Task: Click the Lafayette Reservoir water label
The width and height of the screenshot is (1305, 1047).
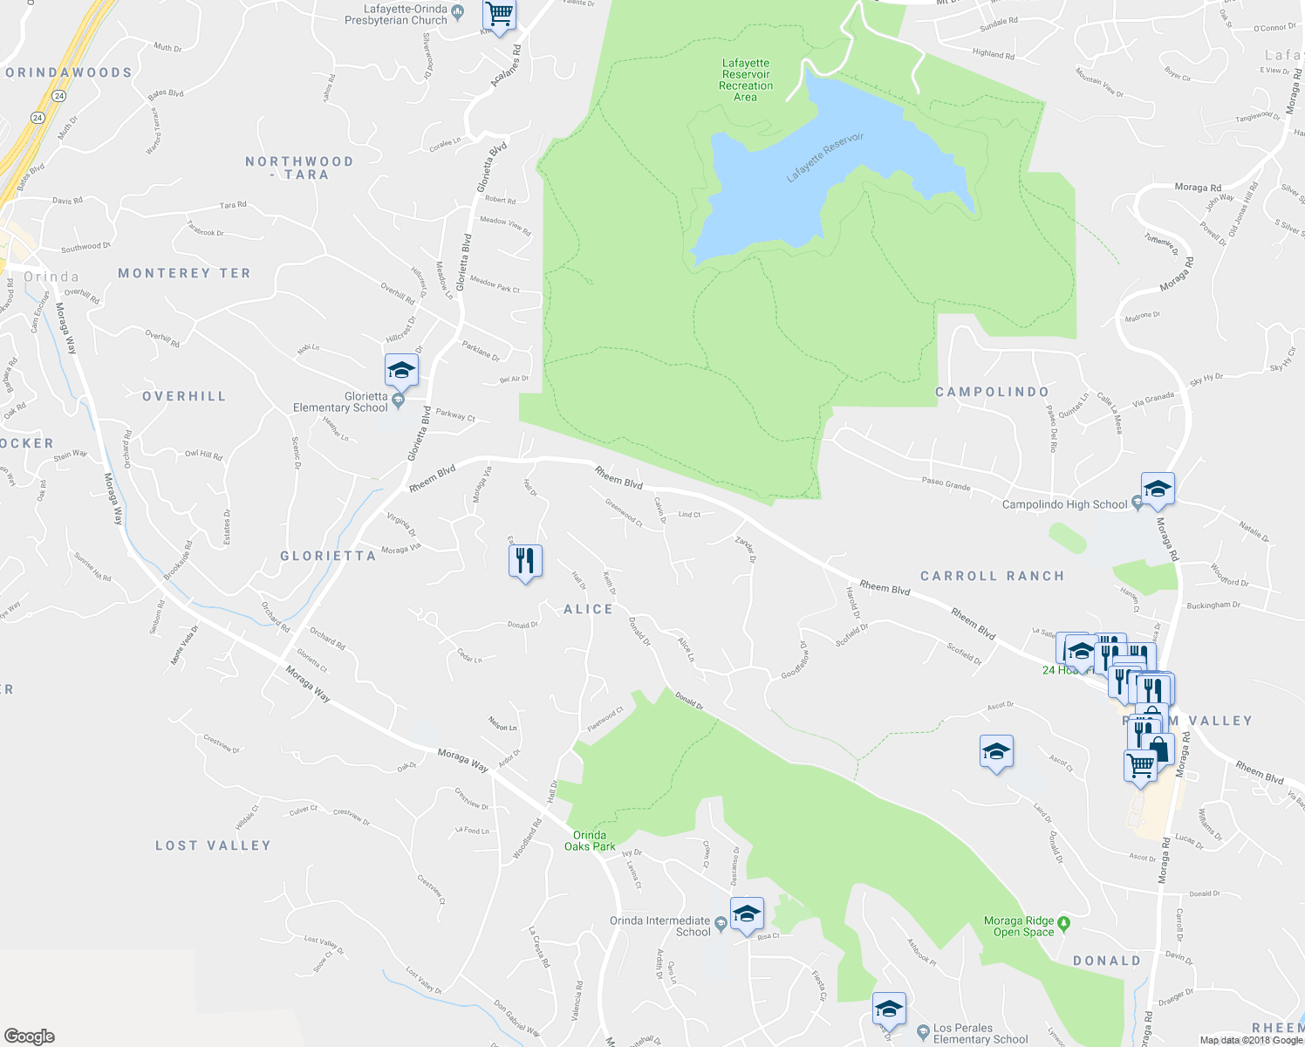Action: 824,157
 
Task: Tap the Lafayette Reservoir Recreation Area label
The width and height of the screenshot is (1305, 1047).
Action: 746,79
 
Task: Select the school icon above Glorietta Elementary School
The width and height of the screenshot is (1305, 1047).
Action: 401,370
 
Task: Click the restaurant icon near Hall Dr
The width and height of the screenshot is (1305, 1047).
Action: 525,560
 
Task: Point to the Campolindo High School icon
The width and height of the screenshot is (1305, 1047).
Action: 1158,489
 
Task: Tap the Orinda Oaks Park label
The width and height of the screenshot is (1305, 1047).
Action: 590,840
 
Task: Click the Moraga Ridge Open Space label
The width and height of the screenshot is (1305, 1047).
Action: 1019,927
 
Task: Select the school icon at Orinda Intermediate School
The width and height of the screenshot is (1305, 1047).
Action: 747,914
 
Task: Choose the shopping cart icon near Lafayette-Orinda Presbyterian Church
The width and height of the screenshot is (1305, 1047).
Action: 499,14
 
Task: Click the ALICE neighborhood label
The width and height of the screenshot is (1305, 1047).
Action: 589,609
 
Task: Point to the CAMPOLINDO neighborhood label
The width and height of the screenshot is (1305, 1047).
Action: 992,392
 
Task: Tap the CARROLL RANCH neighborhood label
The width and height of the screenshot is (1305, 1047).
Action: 992,576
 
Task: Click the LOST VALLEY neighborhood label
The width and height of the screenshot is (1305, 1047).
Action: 213,845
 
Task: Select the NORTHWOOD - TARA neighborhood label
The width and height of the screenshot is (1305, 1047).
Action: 299,168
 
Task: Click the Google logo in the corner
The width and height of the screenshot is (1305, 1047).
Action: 29,1037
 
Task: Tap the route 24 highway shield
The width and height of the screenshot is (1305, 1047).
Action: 37,117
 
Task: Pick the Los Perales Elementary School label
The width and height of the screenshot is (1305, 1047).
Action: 980,1034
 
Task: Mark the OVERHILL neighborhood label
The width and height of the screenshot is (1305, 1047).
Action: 184,396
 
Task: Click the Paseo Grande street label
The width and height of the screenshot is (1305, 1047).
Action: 946,484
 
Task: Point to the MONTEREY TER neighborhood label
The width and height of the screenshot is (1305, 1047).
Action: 184,273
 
